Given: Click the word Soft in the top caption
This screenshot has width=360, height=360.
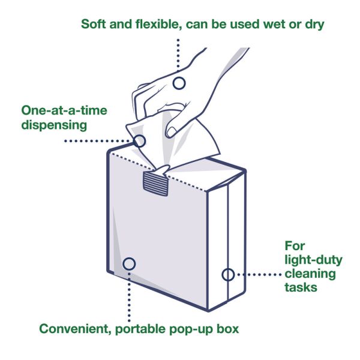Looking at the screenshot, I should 95,25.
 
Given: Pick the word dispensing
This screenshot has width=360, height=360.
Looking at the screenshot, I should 55,125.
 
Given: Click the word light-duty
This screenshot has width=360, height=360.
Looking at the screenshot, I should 313,260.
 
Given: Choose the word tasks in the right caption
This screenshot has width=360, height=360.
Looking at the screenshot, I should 301,287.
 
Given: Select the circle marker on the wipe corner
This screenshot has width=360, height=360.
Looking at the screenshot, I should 139,141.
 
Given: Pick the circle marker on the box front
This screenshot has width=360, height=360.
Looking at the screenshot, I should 128,263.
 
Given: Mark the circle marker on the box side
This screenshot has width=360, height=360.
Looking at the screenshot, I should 228,275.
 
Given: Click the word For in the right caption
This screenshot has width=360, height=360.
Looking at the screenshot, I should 295,246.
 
